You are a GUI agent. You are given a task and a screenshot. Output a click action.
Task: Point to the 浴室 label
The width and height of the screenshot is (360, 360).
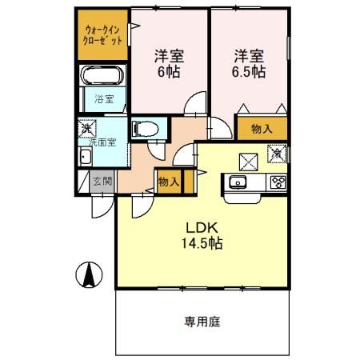coord(104,100)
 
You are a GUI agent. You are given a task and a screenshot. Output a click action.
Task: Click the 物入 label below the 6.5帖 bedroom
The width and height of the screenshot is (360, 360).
coord(262,128)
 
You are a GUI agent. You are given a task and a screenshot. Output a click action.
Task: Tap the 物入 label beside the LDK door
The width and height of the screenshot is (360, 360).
coord(167,182)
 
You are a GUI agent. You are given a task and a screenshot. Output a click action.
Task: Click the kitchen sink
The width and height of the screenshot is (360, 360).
coord(238,182)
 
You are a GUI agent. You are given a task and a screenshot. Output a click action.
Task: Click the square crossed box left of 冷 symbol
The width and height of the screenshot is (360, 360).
coord(247,158)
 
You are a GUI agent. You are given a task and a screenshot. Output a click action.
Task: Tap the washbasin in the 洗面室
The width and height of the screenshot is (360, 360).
coord(83,157)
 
